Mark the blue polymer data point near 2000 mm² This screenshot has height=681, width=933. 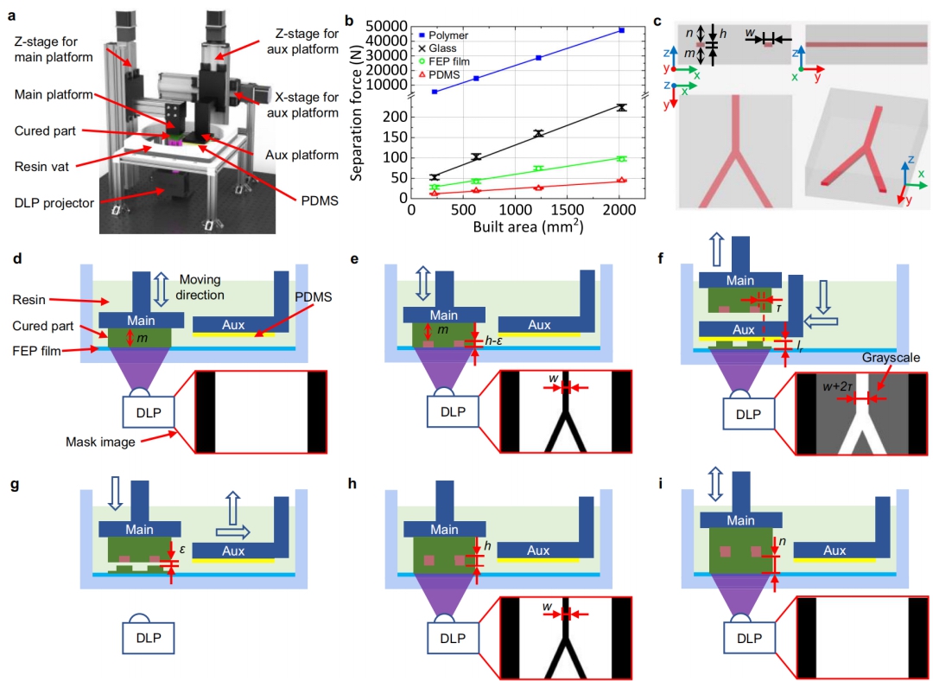621,30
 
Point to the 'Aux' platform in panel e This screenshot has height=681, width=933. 539,325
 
